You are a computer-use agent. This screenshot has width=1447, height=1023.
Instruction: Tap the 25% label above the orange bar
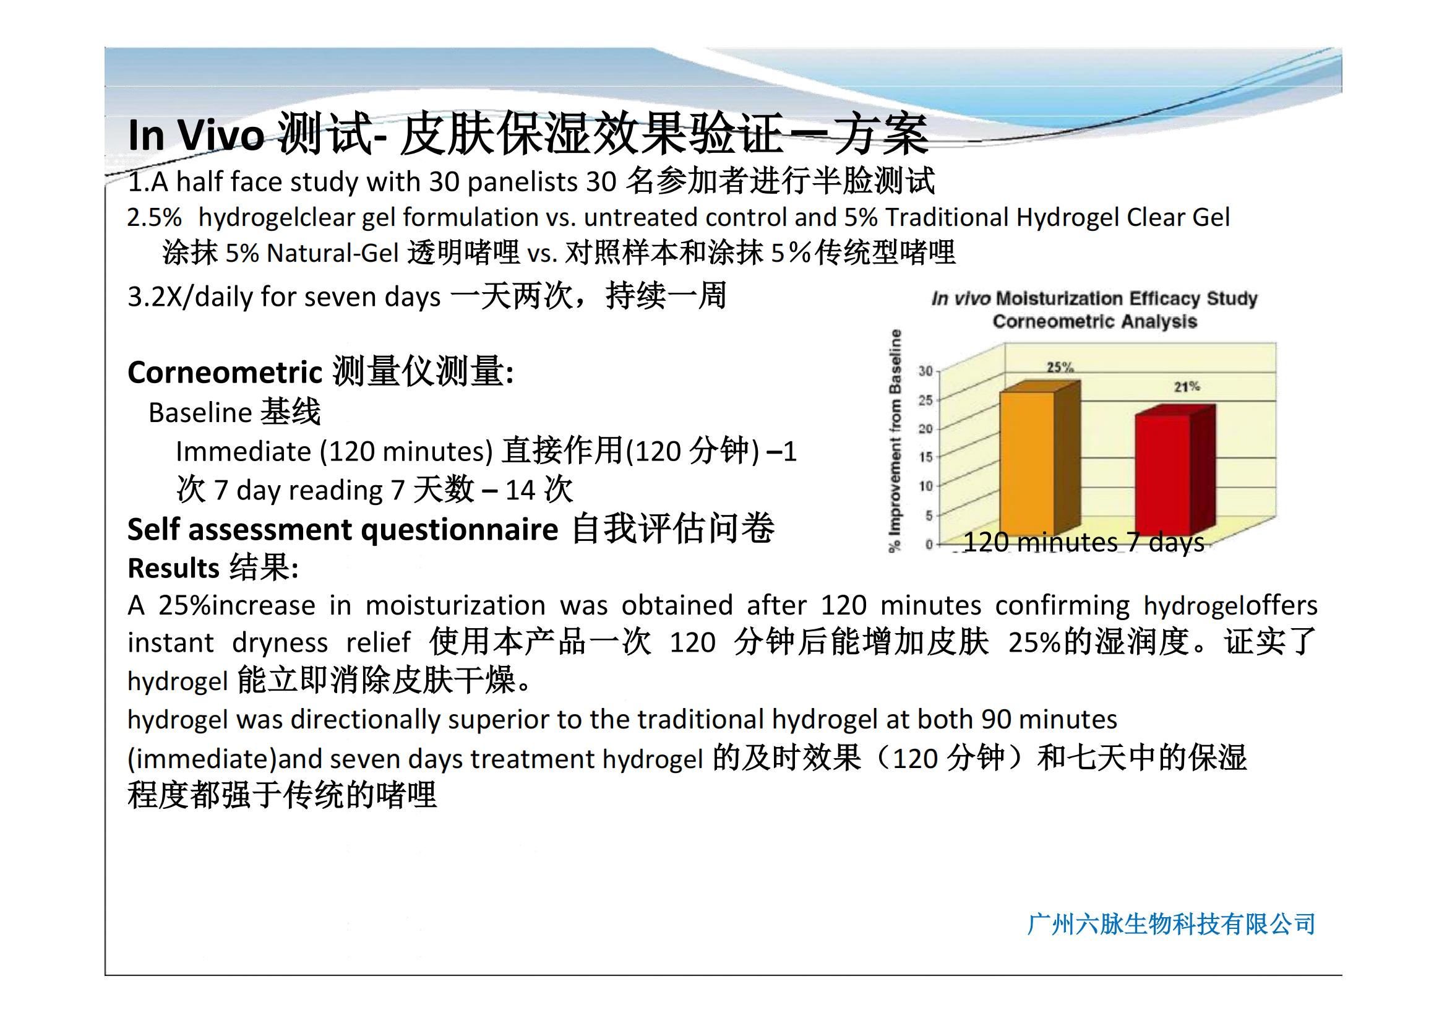1060,367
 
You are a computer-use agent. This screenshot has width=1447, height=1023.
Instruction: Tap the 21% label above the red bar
1187,386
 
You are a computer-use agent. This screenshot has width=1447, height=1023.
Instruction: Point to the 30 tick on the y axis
924,371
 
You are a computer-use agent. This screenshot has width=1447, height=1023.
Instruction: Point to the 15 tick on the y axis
924,457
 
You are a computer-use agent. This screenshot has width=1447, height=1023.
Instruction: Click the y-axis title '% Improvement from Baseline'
895,441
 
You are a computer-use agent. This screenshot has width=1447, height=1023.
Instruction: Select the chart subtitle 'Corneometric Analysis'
1095,321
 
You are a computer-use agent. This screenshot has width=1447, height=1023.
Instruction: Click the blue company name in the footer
1171,924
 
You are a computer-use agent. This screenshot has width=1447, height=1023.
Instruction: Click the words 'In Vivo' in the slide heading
196,135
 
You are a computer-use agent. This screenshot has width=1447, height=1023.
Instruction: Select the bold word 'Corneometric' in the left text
225,372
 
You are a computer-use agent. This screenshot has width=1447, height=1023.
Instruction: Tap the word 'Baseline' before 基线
200,412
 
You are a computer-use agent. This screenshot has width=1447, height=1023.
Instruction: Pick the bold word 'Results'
173,568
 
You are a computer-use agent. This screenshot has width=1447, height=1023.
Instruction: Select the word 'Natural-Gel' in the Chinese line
333,253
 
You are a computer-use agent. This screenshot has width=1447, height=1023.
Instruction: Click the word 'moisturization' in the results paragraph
455,605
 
